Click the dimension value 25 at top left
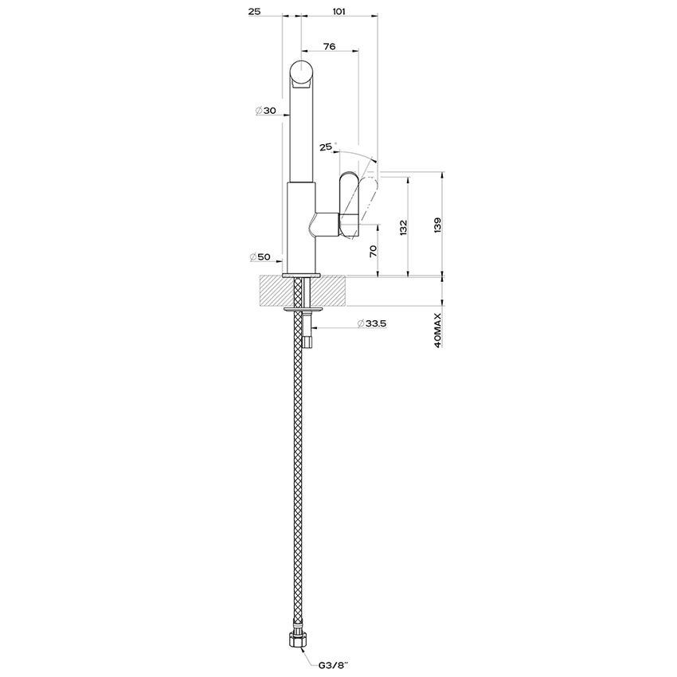click(256, 11)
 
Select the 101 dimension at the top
click(337, 11)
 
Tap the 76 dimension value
click(329, 46)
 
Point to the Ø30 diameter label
click(265, 111)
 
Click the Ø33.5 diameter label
click(372, 323)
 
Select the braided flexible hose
click(300, 478)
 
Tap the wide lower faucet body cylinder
click(301, 227)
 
